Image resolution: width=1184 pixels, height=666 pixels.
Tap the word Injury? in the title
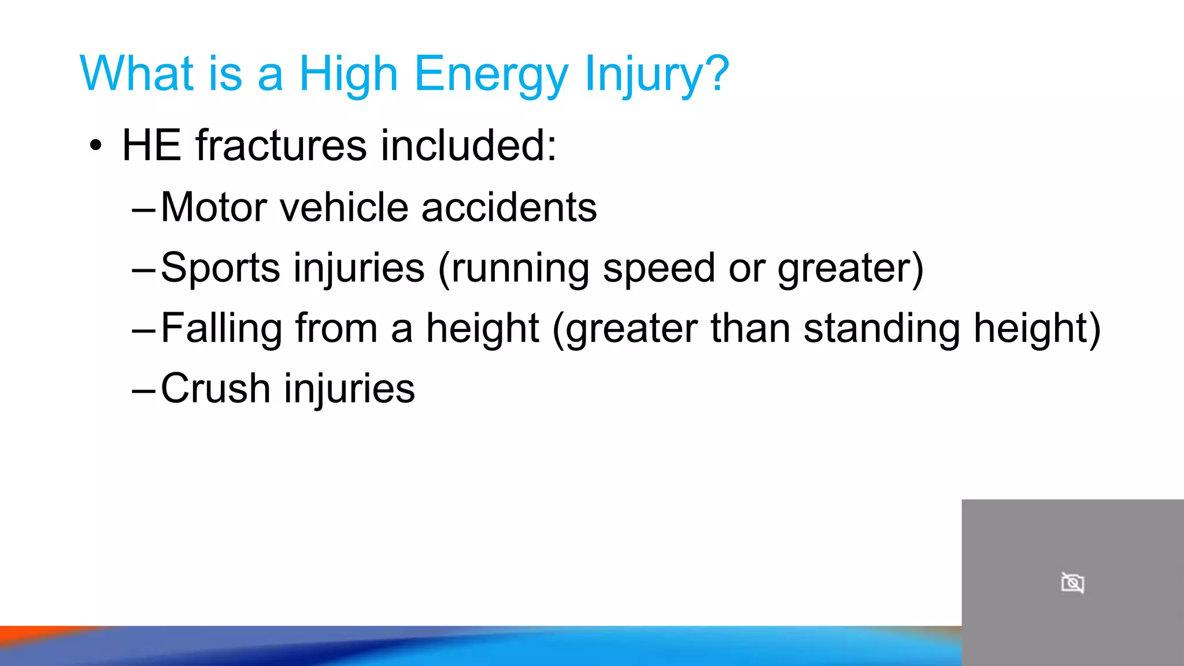pyautogui.click(x=657, y=74)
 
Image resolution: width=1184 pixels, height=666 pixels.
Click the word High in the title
pyautogui.click(x=348, y=74)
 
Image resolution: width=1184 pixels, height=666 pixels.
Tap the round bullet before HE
pyautogui.click(x=96, y=146)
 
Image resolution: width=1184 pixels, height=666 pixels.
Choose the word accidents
pyautogui.click(x=509, y=207)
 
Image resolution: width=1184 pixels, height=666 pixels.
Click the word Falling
pyautogui.click(x=221, y=328)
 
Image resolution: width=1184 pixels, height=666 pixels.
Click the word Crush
pyautogui.click(x=216, y=388)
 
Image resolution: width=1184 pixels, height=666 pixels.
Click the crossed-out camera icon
pyautogui.click(x=1072, y=583)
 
